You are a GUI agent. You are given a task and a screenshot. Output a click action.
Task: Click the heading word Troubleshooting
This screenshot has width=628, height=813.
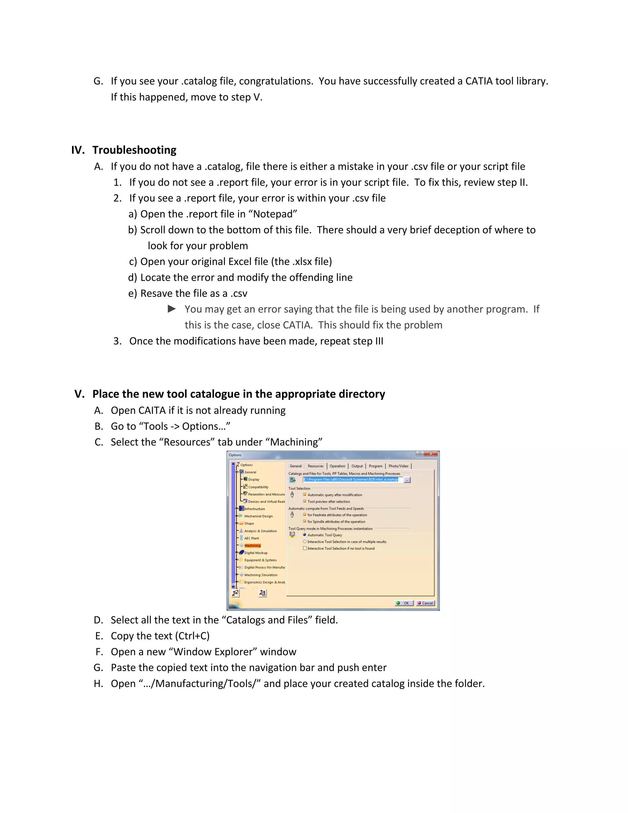point(134,150)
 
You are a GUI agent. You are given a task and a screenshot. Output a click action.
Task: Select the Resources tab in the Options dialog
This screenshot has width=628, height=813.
point(316,466)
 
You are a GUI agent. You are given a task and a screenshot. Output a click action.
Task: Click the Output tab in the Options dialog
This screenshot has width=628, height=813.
point(357,466)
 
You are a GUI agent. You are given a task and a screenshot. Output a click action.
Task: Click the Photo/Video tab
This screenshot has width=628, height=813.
point(398,466)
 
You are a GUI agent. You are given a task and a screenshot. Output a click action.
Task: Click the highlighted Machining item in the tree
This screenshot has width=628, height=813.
point(252,546)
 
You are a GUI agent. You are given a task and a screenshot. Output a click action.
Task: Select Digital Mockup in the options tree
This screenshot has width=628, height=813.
point(256,553)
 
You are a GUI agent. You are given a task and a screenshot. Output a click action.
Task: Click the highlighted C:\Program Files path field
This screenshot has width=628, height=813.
point(351,480)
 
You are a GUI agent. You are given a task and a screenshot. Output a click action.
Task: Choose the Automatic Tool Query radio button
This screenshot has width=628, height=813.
point(305,535)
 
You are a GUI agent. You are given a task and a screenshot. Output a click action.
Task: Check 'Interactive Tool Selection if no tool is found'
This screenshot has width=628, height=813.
point(305,548)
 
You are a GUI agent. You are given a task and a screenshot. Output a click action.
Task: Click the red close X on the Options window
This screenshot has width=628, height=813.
point(431,454)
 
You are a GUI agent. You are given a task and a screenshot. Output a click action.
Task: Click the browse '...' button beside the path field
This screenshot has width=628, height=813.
point(407,480)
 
